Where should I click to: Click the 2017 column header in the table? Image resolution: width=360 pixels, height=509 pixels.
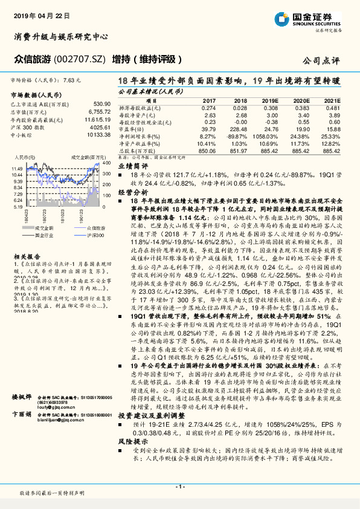[209, 100]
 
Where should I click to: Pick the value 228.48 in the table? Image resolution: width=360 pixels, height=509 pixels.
[240, 129]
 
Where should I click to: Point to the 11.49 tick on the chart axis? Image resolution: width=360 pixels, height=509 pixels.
[17, 169]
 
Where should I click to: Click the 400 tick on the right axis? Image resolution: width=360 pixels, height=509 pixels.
[106, 163]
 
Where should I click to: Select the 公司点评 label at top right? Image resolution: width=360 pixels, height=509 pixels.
[321, 60]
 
